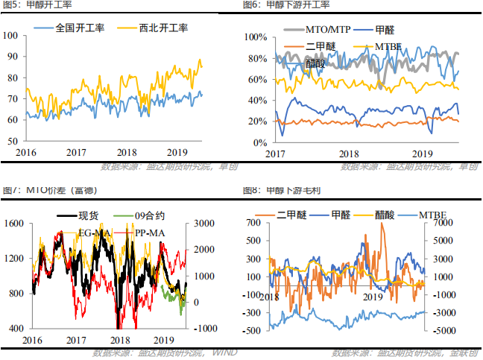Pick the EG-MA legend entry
pyautogui.click(x=94, y=233)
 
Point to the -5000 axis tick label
pyautogui.click(x=441, y=329)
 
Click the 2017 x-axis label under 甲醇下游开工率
pyautogui.click(x=276, y=153)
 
